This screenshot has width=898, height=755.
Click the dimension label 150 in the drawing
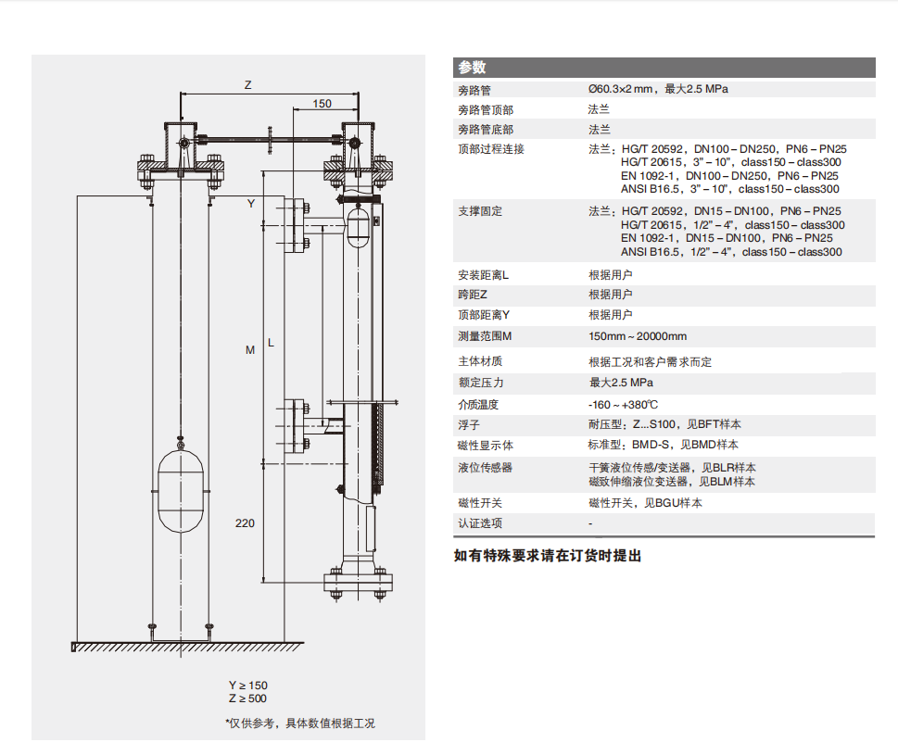click(x=322, y=104)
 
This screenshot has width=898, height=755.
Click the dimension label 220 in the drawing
click(x=245, y=523)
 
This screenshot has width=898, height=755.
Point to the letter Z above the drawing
click(x=247, y=84)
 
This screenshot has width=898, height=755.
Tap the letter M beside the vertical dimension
click(x=249, y=350)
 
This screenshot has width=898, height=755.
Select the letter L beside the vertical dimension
click(x=271, y=343)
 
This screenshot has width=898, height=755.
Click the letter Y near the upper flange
click(x=250, y=203)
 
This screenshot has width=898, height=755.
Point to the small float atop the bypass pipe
click(x=358, y=224)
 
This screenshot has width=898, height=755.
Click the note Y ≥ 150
click(x=247, y=685)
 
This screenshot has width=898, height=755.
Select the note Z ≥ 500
click(x=247, y=698)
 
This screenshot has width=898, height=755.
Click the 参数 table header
click(x=472, y=68)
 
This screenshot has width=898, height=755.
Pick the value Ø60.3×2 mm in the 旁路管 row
click(x=658, y=90)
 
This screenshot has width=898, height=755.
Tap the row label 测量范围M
click(x=486, y=336)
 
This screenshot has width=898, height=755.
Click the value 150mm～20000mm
click(x=638, y=336)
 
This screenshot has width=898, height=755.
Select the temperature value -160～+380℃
click(x=624, y=405)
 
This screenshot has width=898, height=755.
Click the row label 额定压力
click(x=480, y=383)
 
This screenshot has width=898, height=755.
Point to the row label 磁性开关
click(x=480, y=503)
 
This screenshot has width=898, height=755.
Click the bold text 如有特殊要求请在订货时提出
click(x=547, y=556)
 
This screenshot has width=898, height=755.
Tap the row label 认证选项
click(x=480, y=523)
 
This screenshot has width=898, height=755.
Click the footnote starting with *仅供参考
click(x=300, y=724)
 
